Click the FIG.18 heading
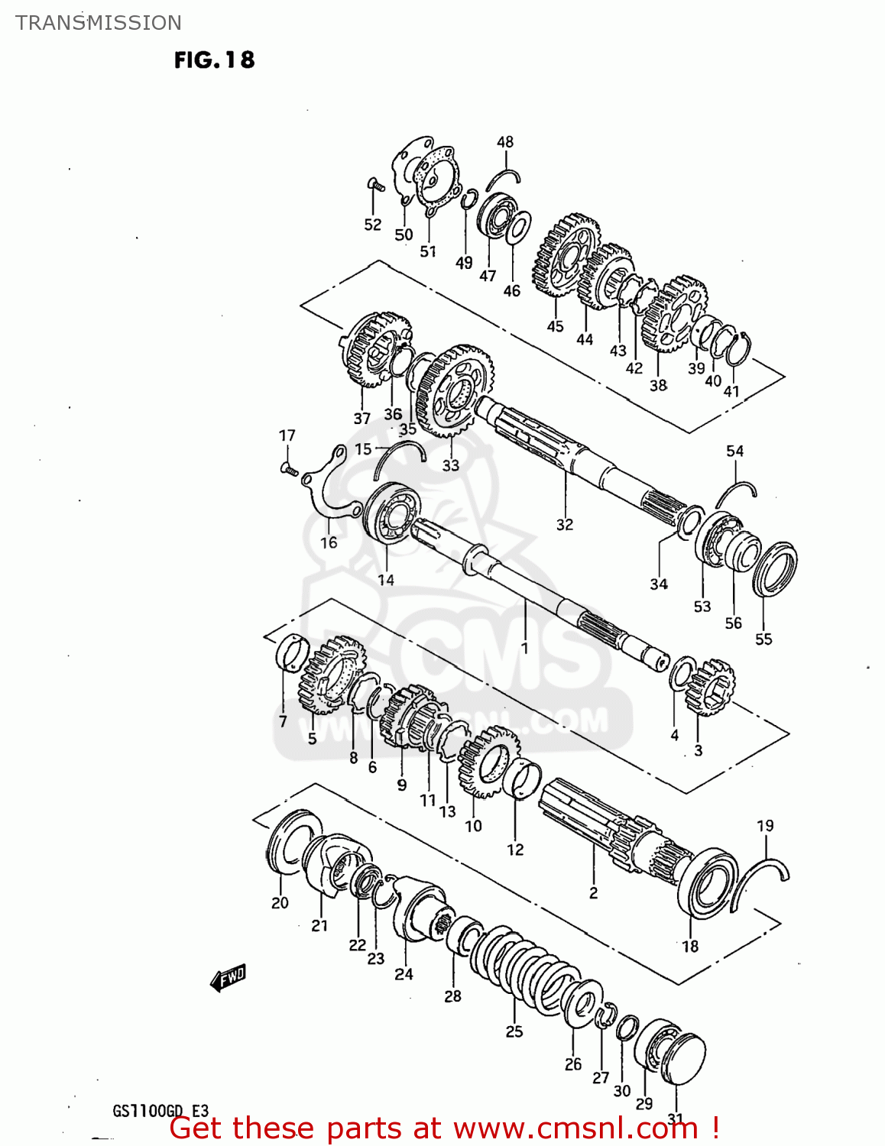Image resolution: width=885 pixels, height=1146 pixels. pos(214,60)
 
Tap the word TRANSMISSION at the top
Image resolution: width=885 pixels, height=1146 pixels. pos(99,23)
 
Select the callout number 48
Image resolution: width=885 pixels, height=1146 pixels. pos(505,142)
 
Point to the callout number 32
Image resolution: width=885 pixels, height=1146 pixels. pos(564,525)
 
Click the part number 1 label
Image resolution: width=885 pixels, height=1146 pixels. pos(524,649)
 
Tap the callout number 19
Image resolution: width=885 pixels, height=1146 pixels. pos(765,826)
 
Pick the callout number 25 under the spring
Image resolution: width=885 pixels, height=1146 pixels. pos(514,1031)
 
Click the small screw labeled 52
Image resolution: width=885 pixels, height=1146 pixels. pos(374,185)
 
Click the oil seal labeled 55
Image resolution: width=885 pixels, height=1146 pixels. pos(774,569)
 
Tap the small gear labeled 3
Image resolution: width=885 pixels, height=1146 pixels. pos(711,686)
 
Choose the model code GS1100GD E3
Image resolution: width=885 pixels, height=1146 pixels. pos(160,1111)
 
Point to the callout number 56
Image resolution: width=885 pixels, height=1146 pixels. pos(733,623)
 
